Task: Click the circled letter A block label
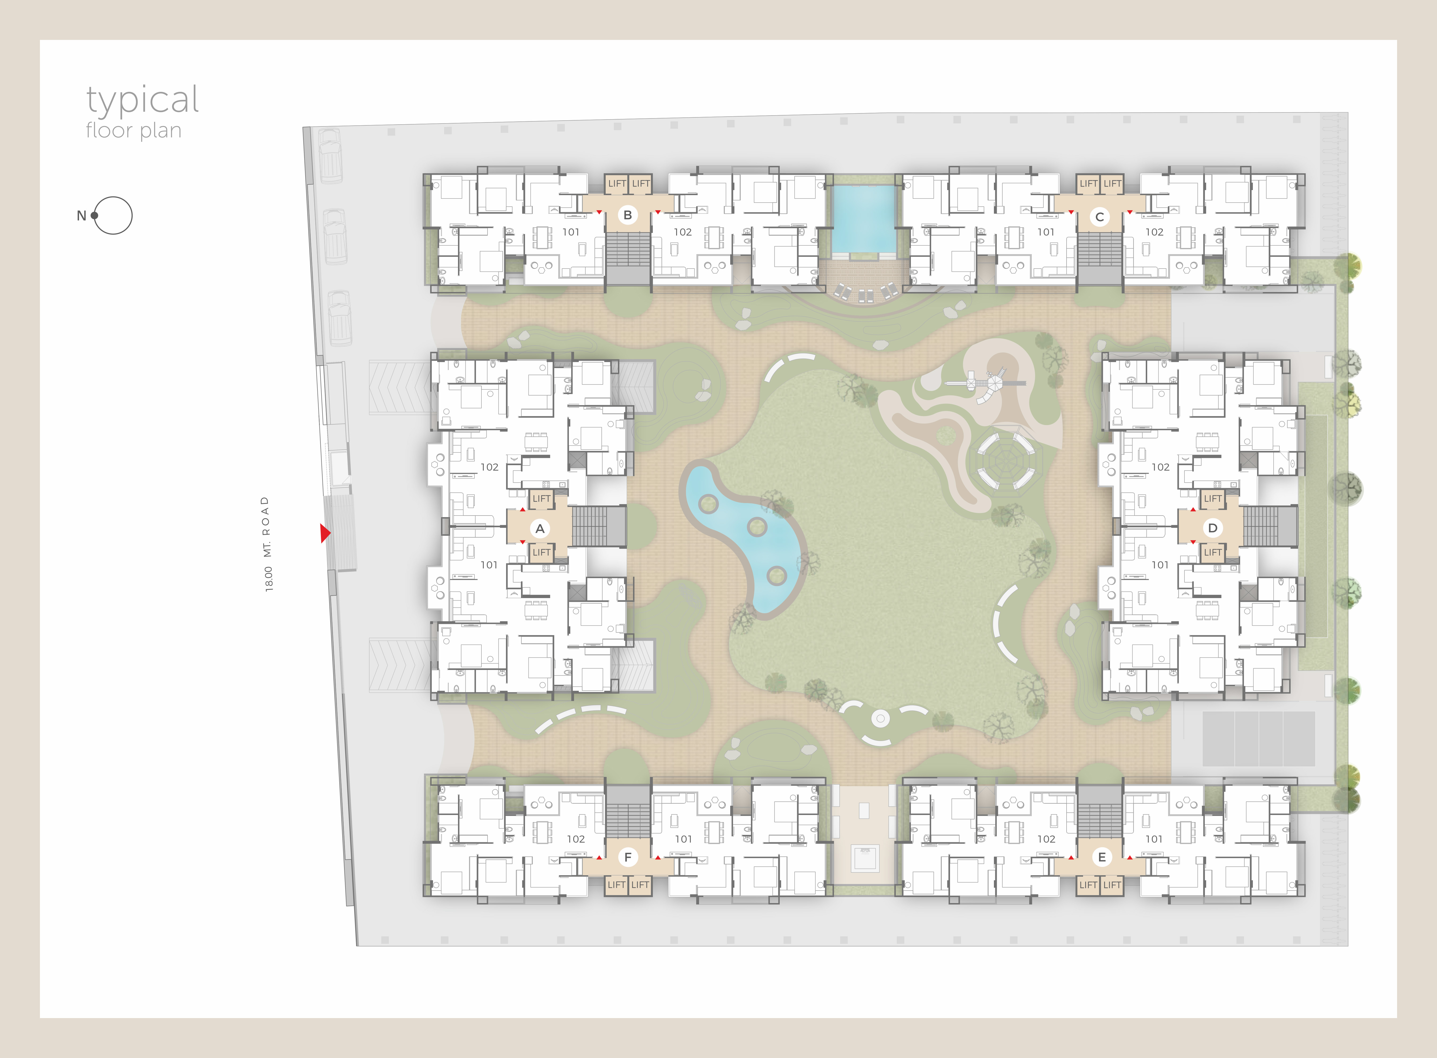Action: coord(540,528)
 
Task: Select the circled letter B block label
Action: coord(627,215)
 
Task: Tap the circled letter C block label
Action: coord(1100,216)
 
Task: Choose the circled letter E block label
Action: coord(1101,857)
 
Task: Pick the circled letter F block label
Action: coord(627,857)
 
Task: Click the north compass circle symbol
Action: coord(113,215)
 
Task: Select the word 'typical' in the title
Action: coord(143,101)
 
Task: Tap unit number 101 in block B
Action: coord(571,232)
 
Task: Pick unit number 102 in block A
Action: coord(489,467)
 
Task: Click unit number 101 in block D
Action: coord(1160,565)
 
